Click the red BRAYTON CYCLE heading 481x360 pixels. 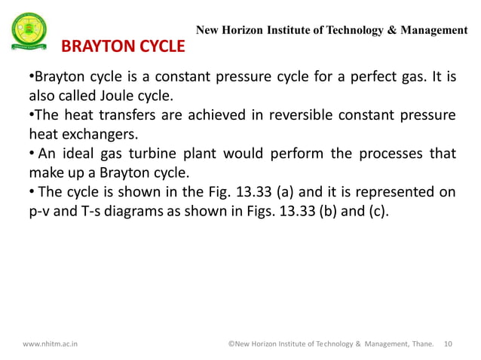pos(122,47)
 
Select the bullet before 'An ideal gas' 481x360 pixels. pos(31,154)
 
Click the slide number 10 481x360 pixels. pos(449,343)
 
